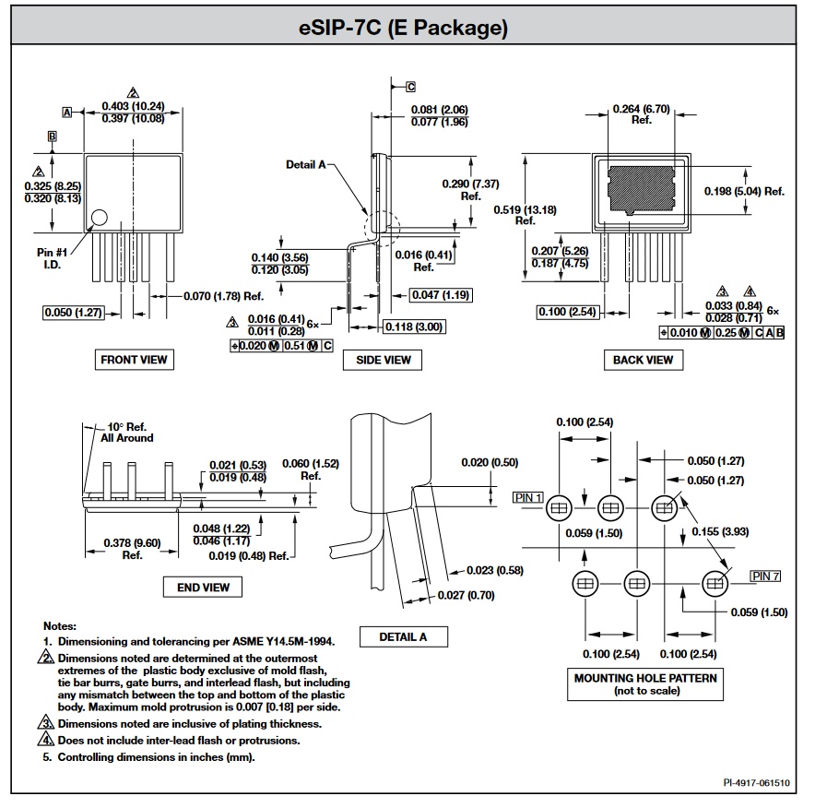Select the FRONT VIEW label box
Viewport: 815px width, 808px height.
(x=134, y=360)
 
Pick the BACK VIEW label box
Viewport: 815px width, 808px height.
(x=643, y=360)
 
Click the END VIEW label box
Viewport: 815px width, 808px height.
(x=203, y=587)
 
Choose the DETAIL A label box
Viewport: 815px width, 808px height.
(x=403, y=636)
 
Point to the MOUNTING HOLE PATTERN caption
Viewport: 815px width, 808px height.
(x=644, y=683)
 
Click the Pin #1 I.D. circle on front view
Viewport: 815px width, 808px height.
(x=99, y=218)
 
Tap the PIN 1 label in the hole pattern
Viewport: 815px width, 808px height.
(x=527, y=497)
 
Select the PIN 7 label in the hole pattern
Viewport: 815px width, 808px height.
(x=765, y=576)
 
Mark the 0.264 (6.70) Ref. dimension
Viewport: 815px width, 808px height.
(x=642, y=114)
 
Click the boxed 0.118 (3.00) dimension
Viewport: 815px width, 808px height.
(x=411, y=326)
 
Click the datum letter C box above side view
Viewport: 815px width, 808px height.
(x=410, y=86)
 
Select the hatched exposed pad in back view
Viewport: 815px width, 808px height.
(x=643, y=187)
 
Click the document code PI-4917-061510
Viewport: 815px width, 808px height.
(x=756, y=782)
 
